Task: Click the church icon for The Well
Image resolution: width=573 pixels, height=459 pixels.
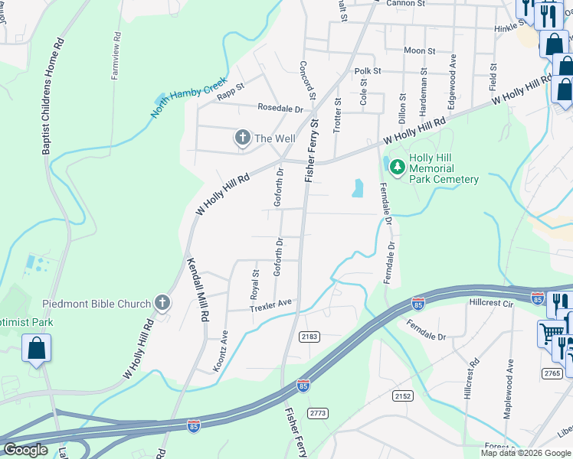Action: [242, 138]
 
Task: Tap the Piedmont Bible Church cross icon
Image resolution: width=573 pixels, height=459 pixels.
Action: [162, 304]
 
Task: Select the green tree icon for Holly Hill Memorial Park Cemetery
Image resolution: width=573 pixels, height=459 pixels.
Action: [397, 166]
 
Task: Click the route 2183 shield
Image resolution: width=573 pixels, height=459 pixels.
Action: [309, 337]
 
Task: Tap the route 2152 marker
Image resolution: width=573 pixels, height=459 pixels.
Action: [403, 396]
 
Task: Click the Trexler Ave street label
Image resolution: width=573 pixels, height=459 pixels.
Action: [270, 304]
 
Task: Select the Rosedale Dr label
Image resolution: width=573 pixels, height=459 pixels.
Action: [280, 109]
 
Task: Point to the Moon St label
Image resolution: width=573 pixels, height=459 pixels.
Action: [419, 51]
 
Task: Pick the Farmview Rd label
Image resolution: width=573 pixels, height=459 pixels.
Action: [116, 56]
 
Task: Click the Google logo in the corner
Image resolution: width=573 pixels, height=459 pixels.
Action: [25, 450]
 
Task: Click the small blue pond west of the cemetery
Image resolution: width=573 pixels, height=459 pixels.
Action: [357, 188]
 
